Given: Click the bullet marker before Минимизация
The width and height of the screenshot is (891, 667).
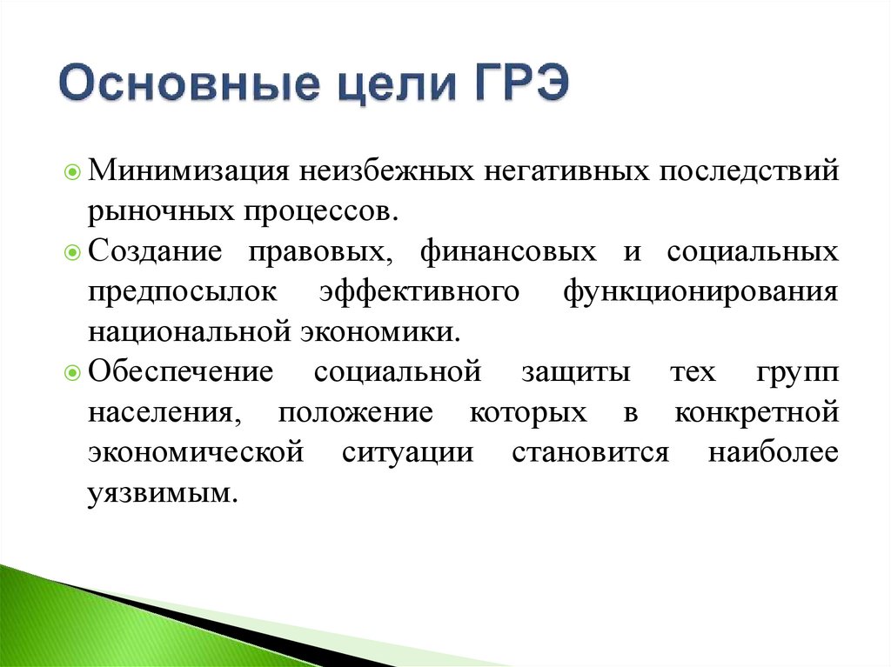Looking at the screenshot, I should [x=73, y=169].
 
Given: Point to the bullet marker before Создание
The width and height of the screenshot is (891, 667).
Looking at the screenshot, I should [x=73, y=253].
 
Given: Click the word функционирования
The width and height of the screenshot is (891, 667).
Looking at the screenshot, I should [x=700, y=292].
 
